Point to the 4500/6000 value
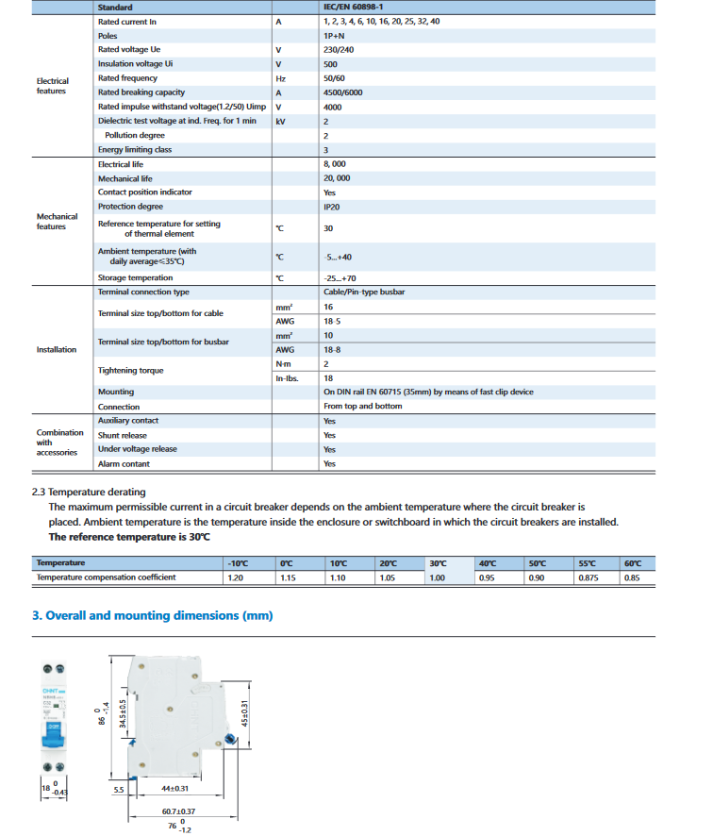coord(342,92)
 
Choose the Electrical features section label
coord(52,86)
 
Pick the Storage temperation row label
coord(135,277)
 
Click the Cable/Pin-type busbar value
coord(364,293)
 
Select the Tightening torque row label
coord(131,371)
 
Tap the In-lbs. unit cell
coord(287,378)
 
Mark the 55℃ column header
coord(587,563)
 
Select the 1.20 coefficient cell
coord(236,577)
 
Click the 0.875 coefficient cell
coord(588,577)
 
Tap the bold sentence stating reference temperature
coord(129,537)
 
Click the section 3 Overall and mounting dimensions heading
coord(152,615)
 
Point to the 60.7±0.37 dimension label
coord(177,811)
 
